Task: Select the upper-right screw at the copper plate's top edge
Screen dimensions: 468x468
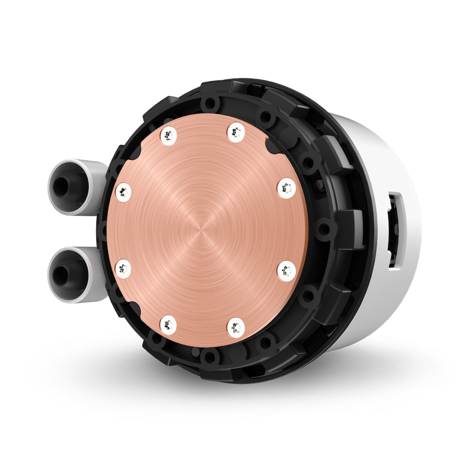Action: [x=236, y=132]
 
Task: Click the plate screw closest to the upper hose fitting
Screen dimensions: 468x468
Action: [x=124, y=192]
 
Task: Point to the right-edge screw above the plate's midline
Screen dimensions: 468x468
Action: [x=286, y=189]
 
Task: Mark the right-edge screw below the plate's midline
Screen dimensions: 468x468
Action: [x=285, y=271]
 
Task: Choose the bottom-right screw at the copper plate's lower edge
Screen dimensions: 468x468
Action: [x=236, y=326]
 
